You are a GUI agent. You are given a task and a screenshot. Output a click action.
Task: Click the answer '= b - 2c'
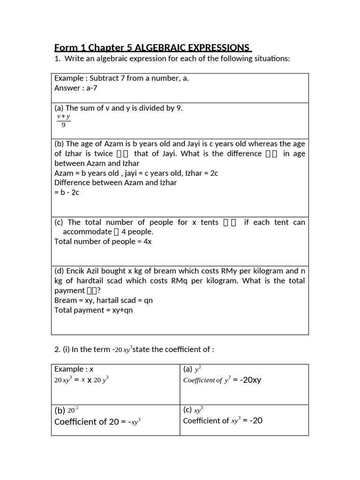tap(67, 193)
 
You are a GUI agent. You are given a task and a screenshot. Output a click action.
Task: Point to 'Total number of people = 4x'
tap(103, 241)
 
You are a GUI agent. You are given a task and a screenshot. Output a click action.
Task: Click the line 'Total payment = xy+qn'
tap(93, 310)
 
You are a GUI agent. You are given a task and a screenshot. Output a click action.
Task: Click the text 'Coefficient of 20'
tap(87, 421)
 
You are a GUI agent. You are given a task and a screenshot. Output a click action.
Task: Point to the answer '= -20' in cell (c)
tap(253, 420)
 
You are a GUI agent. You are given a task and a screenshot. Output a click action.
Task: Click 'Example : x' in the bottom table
tap(74, 369)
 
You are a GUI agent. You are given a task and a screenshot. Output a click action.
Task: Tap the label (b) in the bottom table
tap(60, 410)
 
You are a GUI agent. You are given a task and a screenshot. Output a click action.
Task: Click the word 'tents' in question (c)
tap(210, 222)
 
